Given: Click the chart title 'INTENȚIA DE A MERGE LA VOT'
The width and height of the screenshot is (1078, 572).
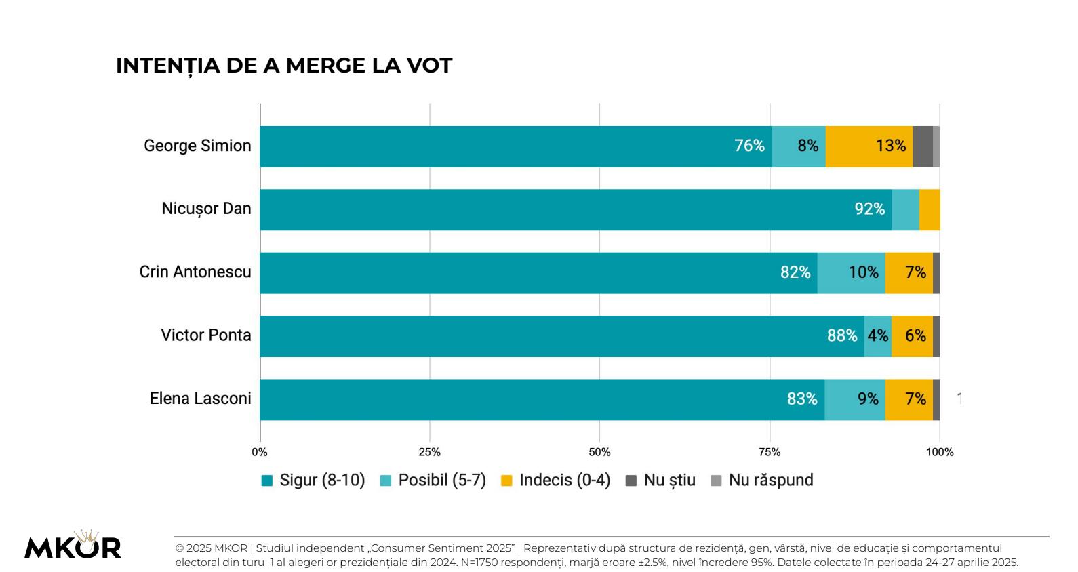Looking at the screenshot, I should tap(283, 66).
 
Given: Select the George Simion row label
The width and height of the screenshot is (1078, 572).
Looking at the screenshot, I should tap(197, 146).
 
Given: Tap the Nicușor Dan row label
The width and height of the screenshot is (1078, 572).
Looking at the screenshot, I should tap(206, 209).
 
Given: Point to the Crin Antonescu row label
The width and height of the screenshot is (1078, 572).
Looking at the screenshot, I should tap(195, 272).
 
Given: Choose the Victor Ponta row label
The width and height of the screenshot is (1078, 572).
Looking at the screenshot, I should tap(206, 335).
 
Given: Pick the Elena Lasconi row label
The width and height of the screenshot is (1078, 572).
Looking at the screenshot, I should tap(200, 399).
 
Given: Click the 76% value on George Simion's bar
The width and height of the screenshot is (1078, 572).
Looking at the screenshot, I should tap(749, 146).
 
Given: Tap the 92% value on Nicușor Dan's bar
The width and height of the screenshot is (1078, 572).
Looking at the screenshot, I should tap(869, 209).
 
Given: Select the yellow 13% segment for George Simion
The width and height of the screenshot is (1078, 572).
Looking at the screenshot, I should tap(890, 146).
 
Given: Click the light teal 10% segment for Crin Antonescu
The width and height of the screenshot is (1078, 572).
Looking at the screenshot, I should tap(862, 272).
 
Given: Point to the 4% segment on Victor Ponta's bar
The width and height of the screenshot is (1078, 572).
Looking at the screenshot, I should tap(878, 335).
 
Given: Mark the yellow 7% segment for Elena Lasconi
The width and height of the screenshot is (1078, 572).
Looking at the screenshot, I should tap(915, 399).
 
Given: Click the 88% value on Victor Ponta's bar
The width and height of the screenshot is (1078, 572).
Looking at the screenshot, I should tap(842, 335).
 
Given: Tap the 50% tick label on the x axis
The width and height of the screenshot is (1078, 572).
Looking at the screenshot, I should tap(599, 452).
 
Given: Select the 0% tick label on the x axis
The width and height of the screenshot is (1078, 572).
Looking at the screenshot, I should tap(260, 452).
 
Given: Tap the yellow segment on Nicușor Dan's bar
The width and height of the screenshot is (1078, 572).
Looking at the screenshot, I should tap(930, 209).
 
